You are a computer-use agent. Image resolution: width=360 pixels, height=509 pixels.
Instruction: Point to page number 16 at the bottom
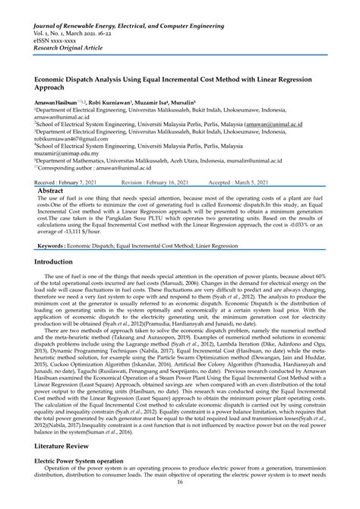[180, 502]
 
